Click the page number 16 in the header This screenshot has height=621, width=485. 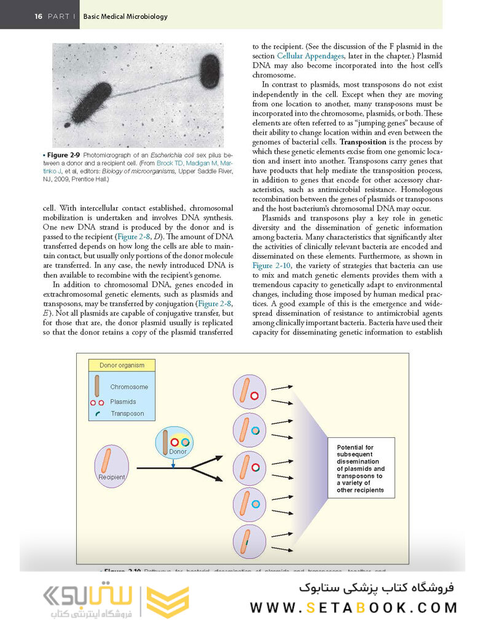(x=38, y=17)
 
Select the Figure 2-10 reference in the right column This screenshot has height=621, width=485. (x=272, y=265)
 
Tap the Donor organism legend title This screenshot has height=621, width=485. (x=122, y=365)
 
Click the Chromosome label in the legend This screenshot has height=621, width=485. (x=129, y=387)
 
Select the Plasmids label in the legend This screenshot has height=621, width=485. (x=123, y=401)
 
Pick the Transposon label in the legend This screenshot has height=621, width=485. (x=127, y=414)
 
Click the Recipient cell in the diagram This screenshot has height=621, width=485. (x=111, y=467)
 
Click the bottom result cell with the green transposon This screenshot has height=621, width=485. (x=250, y=542)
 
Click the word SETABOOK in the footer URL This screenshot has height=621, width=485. (x=357, y=607)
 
